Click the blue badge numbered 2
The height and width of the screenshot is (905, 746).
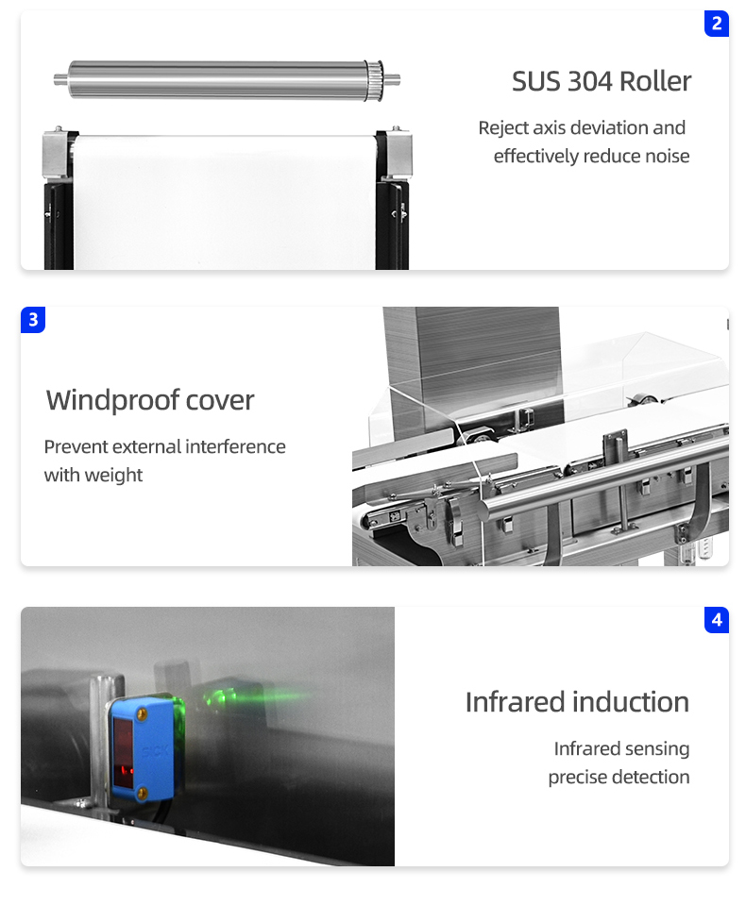pos(716,24)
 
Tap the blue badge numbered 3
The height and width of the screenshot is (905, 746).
pos(33,320)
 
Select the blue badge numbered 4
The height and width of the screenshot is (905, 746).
pos(716,620)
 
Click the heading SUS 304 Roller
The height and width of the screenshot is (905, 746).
pos(602,81)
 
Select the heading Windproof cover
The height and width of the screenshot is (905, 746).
pos(150,400)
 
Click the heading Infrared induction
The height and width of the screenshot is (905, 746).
pos(577,702)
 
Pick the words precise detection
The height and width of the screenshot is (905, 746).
pos(619,777)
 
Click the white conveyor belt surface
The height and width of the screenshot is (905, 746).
pos(227,203)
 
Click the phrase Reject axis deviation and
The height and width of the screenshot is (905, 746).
pos(582,127)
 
